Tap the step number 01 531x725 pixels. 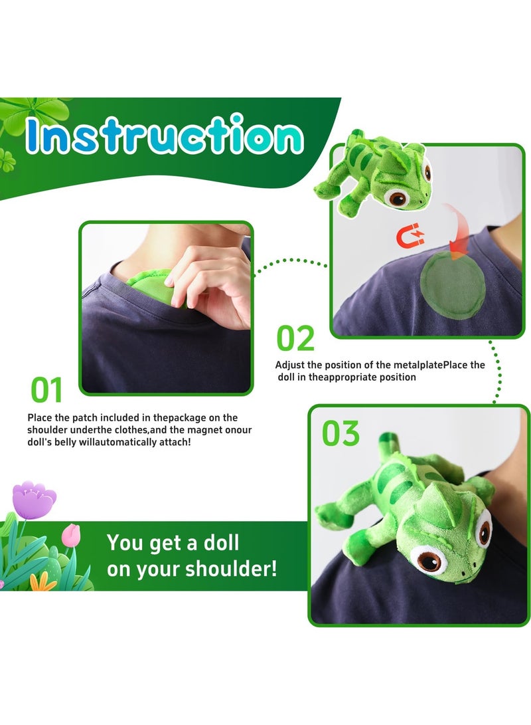pos(47,390)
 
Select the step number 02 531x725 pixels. pos(295,339)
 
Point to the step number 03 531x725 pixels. pos(341,434)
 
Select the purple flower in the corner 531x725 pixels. pos(35,498)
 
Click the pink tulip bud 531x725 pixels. pos(70,534)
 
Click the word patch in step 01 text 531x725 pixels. pos(84,417)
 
